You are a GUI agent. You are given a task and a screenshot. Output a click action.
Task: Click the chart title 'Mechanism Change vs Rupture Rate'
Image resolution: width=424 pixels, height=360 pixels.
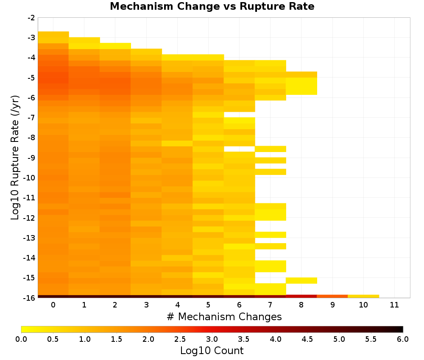212,6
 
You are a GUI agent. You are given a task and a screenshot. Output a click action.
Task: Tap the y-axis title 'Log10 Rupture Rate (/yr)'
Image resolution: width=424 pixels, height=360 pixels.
15,158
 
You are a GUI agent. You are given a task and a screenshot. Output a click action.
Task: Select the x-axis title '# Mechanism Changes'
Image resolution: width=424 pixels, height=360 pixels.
224,316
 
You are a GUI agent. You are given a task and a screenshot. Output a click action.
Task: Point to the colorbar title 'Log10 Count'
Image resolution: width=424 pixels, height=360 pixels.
212,351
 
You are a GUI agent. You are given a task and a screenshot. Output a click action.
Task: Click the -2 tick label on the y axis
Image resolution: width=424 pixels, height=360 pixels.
31,18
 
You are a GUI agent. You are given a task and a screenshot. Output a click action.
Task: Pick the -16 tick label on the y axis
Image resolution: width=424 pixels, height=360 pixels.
30,298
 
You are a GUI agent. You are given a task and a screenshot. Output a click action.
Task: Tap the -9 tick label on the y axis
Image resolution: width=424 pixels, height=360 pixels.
31,158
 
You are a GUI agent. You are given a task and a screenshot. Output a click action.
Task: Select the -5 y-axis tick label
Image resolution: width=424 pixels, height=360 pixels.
31,78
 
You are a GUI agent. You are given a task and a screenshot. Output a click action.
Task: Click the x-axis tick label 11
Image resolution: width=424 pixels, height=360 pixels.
394,305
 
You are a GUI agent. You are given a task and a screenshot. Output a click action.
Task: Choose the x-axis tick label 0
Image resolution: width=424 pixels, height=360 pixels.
53,305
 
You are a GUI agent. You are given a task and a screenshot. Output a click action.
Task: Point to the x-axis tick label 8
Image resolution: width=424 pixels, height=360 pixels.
301,305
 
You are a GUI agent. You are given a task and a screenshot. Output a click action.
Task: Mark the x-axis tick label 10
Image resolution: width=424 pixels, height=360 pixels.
363,305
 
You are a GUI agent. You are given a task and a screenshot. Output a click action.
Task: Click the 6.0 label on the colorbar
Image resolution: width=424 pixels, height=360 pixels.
403,339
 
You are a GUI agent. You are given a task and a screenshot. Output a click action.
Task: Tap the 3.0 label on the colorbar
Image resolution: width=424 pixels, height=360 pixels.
212,339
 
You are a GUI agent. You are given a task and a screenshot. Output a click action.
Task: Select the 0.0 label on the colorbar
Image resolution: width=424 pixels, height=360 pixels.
21,339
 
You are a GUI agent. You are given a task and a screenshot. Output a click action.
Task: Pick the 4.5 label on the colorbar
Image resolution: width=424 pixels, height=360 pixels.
307,339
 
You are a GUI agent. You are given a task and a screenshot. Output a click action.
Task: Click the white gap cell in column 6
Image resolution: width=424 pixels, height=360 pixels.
239,149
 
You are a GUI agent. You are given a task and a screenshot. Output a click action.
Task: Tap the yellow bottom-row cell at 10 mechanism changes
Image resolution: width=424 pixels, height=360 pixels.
363,296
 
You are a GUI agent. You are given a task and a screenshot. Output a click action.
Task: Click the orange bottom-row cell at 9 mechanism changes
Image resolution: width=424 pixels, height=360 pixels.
332,296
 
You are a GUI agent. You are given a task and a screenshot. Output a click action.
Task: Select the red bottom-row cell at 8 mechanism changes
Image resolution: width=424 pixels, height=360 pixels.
301,296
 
